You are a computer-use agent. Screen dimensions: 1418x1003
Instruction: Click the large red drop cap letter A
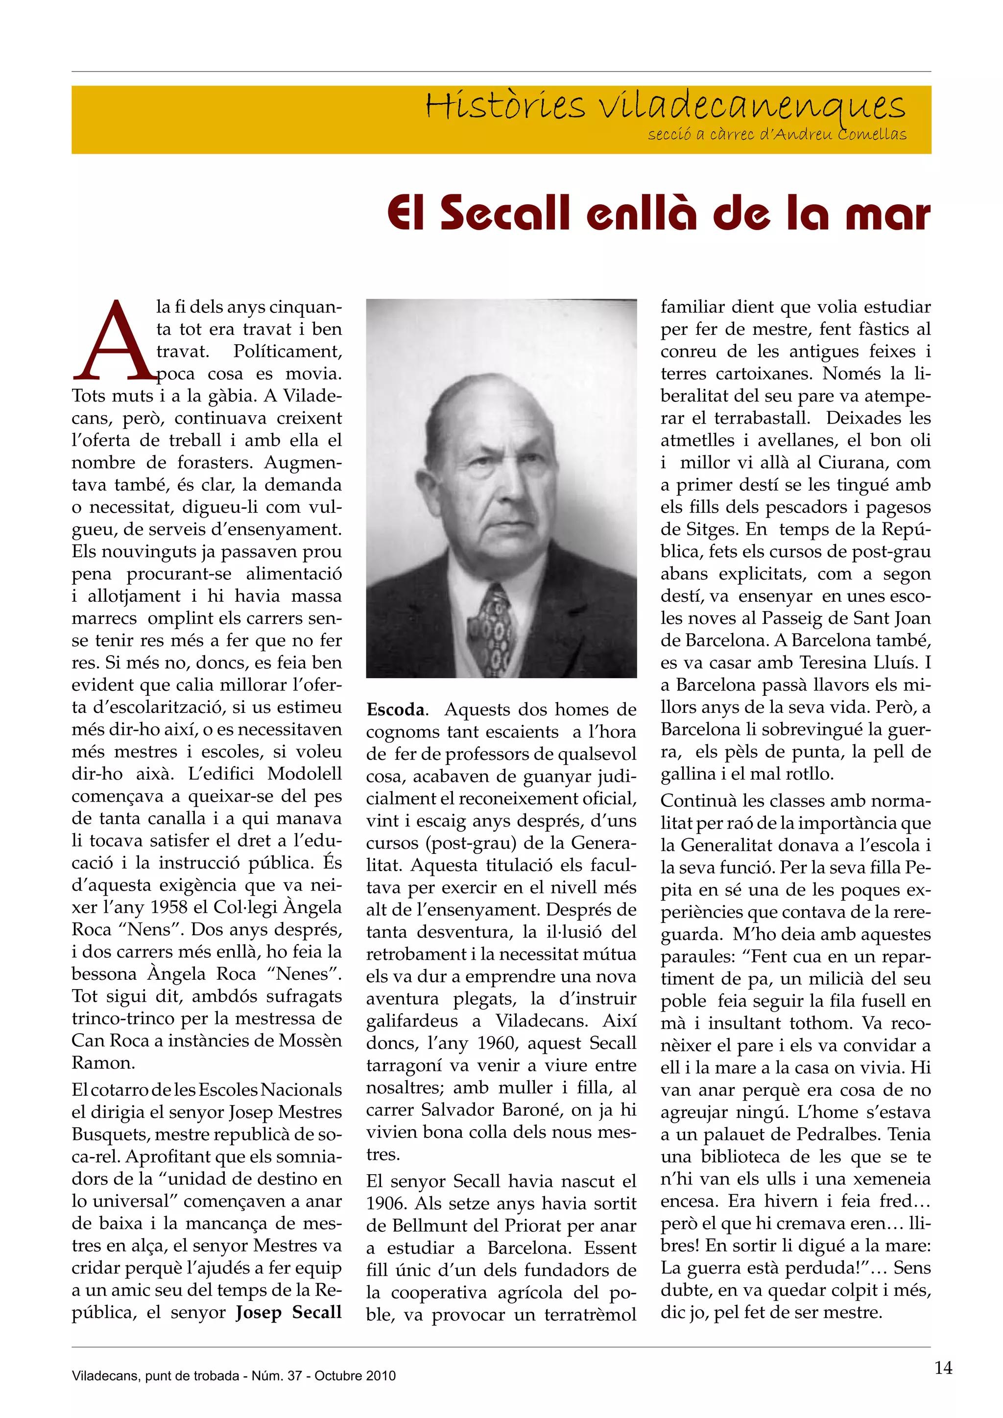(x=115, y=342)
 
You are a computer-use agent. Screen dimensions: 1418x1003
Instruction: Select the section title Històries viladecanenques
(x=665, y=106)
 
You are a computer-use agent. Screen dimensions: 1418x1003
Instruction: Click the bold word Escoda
(x=395, y=709)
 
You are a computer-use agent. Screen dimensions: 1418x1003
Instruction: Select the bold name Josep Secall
(x=288, y=1312)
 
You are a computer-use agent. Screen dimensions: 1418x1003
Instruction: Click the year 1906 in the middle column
(x=385, y=1204)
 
